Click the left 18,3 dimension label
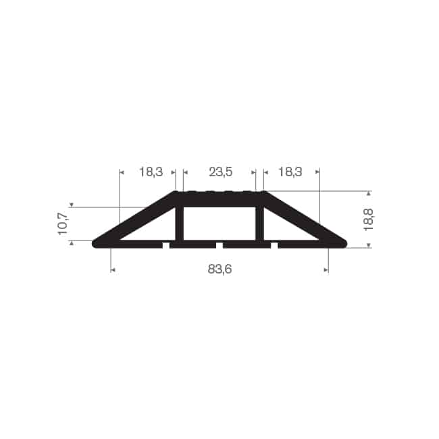151,172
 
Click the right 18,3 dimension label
290,172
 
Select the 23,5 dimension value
221,172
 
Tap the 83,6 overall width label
219,269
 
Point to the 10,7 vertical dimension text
62,224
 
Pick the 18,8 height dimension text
369,219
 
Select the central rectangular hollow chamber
219,224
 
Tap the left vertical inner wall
180,224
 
